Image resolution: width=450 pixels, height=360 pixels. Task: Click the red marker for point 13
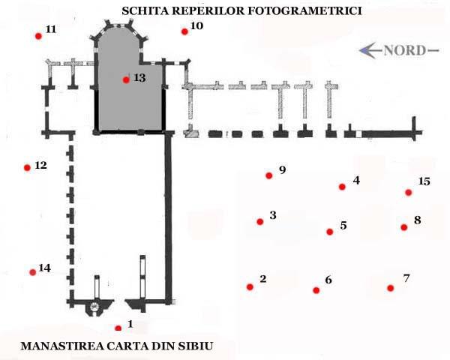[x=126, y=80]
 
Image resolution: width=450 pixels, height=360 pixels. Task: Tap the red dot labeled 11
[x=38, y=36]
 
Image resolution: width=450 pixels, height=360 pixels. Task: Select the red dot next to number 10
[x=184, y=31]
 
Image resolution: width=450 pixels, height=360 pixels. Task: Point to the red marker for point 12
[x=27, y=168]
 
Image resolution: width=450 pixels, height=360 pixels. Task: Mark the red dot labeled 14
[x=33, y=272]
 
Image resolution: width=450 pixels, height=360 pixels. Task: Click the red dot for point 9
[x=269, y=175]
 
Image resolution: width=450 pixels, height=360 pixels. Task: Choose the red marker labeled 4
[x=342, y=187]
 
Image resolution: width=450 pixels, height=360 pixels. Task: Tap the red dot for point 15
[x=409, y=192]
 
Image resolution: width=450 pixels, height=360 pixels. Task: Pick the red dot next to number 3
[x=260, y=222]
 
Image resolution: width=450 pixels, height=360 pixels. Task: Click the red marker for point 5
[x=330, y=232]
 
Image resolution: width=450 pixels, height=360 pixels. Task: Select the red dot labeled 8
[x=403, y=227]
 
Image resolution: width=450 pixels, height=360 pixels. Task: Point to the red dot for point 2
[x=250, y=286]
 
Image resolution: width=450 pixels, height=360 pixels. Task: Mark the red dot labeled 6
[x=316, y=290]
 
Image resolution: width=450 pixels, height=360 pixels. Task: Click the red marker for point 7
[x=390, y=288]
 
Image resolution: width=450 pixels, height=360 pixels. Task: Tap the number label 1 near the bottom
[x=130, y=324]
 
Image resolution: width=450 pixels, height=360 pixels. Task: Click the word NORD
[x=405, y=50]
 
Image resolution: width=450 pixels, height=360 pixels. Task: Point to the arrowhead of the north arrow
[x=363, y=50]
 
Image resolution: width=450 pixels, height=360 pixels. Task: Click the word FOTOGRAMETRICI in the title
[x=304, y=11]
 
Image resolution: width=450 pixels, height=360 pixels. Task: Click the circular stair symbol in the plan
[x=94, y=307]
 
